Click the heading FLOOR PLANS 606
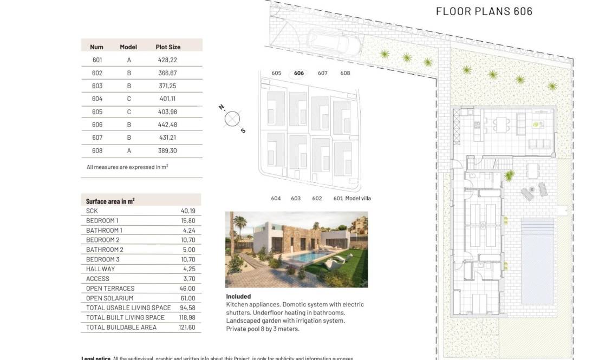point(484,11)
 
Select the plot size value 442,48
point(167,125)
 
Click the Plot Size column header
point(168,47)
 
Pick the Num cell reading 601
point(97,60)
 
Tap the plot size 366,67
point(167,73)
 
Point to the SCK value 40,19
point(187,211)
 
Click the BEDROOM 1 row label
point(102,221)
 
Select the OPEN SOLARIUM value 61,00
point(187,298)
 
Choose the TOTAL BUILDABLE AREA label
point(121,328)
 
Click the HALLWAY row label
point(100,269)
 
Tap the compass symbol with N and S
point(232,119)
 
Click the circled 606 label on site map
point(299,73)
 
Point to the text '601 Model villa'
point(351,198)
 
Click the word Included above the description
point(238,297)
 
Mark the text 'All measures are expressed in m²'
point(127,167)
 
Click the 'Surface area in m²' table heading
point(110,201)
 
